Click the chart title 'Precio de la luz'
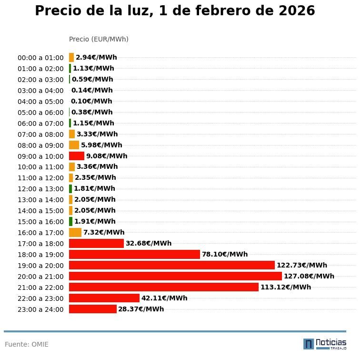point(175,11)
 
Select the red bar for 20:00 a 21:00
point(175,276)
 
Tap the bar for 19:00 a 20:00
point(171,265)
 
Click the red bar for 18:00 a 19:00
point(134,254)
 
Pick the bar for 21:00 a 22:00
point(163,287)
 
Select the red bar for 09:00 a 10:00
point(76,156)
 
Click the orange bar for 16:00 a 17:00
point(75,232)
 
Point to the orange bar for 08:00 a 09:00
point(74,145)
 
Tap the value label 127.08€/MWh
point(309,276)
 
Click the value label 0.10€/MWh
point(91,101)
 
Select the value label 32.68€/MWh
point(148,243)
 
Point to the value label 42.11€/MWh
point(164,298)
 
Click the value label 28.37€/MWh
point(141,309)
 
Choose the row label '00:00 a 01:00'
point(40,58)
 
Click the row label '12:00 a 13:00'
point(40,189)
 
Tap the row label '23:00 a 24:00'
point(40,309)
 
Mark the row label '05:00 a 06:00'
point(40,113)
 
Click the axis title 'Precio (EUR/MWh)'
point(99,39)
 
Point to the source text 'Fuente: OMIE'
point(27,344)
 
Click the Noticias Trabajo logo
point(324,344)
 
